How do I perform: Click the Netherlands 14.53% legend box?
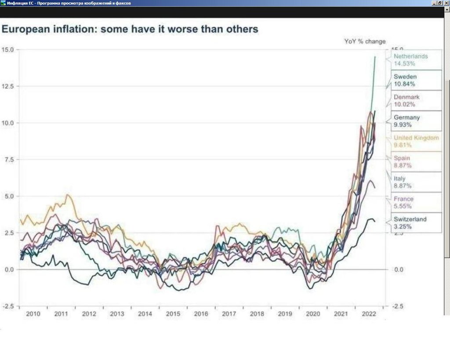click(x=416, y=60)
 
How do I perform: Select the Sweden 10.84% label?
click(x=416, y=80)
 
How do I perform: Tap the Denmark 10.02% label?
click(x=416, y=101)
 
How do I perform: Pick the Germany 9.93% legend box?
click(x=416, y=121)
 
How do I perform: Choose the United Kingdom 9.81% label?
click(x=416, y=141)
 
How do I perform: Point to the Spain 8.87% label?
click(x=416, y=162)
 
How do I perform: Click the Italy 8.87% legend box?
click(x=416, y=182)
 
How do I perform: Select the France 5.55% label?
click(x=416, y=202)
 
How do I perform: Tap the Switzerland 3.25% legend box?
click(x=416, y=222)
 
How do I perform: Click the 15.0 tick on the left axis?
click(x=9, y=49)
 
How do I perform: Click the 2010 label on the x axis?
click(x=33, y=314)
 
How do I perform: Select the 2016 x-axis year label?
click(x=201, y=314)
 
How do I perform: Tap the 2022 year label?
click(x=368, y=314)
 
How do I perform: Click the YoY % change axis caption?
click(x=365, y=41)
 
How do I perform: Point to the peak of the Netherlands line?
click(x=375, y=57)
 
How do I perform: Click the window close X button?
click(x=446, y=3)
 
